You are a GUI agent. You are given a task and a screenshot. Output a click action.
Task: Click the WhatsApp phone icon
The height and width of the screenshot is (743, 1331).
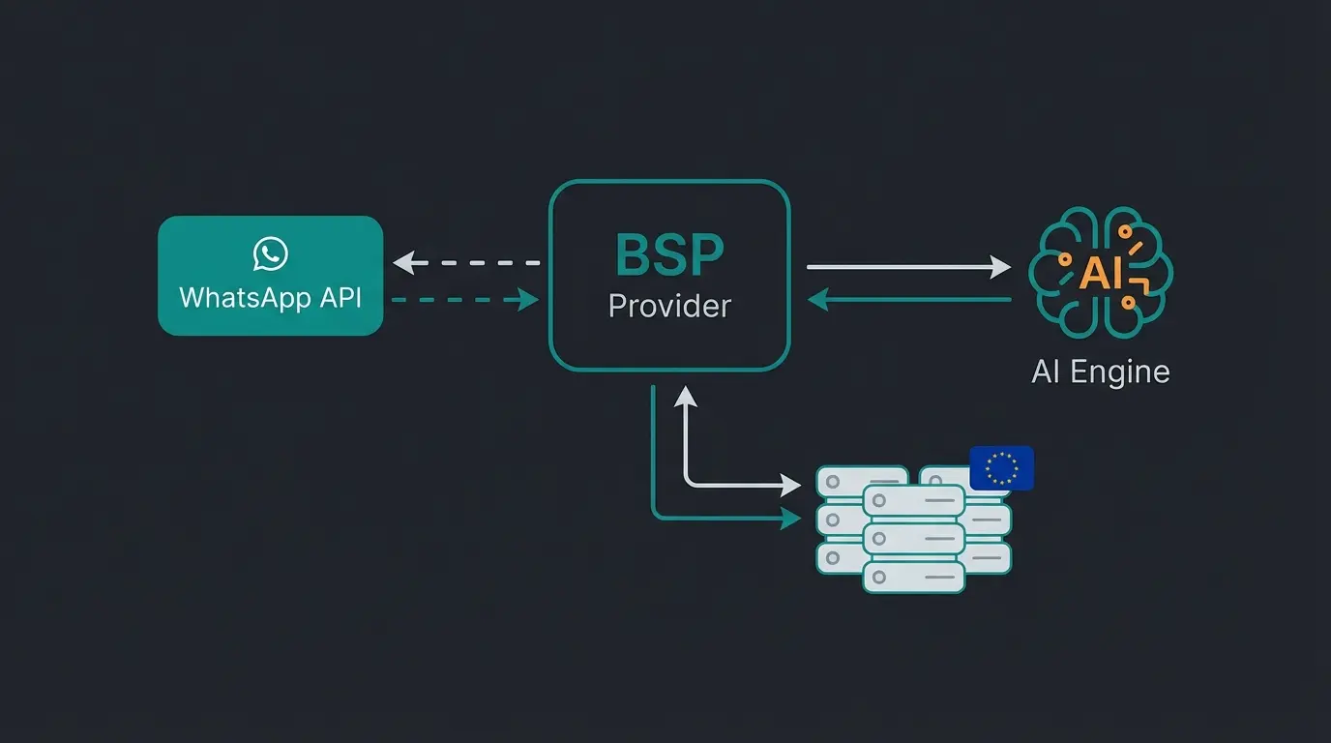pyautogui.click(x=271, y=254)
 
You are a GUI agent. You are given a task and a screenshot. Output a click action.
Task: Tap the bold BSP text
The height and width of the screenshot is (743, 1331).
pyautogui.click(x=669, y=254)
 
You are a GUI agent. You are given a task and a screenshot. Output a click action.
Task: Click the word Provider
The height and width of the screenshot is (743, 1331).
pyautogui.click(x=669, y=306)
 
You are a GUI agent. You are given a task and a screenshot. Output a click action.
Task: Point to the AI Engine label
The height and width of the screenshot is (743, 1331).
pyautogui.click(x=1101, y=371)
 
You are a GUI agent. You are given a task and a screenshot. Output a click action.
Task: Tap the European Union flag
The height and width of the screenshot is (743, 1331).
pyautogui.click(x=1001, y=468)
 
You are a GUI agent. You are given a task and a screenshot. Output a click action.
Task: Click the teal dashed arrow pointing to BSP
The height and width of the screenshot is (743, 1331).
pyautogui.click(x=464, y=300)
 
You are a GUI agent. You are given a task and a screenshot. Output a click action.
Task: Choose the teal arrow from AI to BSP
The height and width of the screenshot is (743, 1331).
pyautogui.click(x=909, y=300)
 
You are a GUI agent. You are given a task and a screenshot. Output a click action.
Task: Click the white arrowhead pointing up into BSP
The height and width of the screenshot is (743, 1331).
pyautogui.click(x=685, y=397)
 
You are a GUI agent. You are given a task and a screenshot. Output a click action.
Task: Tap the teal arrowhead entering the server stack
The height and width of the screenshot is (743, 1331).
pyautogui.click(x=791, y=519)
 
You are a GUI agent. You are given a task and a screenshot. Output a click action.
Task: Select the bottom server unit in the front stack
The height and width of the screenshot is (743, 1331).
pyautogui.click(x=913, y=578)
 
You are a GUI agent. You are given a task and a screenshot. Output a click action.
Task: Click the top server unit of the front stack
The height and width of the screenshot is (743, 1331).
pyautogui.click(x=913, y=500)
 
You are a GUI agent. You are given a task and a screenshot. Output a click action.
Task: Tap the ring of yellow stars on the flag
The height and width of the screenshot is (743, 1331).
pyautogui.click(x=1001, y=468)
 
